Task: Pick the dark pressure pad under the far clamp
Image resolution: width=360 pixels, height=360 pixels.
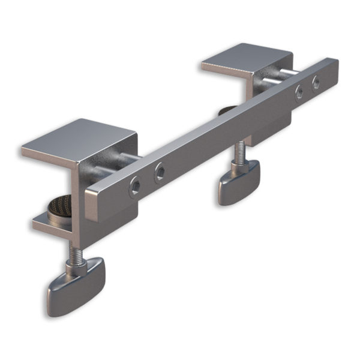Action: pyautogui.click(x=227, y=110)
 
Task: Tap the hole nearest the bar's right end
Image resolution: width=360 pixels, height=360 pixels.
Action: pyautogui.click(x=316, y=83)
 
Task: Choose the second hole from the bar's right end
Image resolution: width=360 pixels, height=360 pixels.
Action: pyautogui.click(x=298, y=92)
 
